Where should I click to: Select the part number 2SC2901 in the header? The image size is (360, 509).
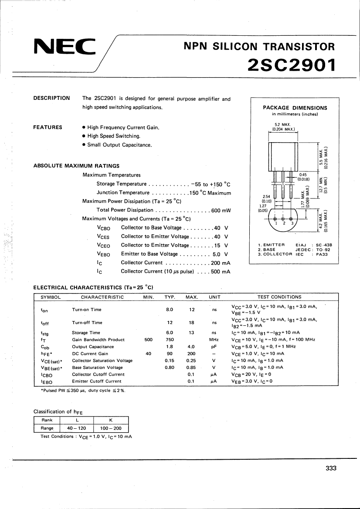(292, 65)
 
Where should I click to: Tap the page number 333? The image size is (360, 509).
(331, 468)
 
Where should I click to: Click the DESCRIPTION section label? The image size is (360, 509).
(51, 98)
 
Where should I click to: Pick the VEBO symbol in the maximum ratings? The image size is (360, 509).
(104, 254)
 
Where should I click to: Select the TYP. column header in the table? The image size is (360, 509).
(170, 297)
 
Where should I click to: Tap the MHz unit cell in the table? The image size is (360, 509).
(214, 340)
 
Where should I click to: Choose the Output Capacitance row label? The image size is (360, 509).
(93, 347)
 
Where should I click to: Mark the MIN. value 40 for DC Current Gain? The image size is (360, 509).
(148, 354)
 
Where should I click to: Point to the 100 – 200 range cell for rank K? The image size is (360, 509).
(111, 428)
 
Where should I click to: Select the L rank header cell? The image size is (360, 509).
(77, 420)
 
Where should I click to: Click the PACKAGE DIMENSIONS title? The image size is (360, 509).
(295, 108)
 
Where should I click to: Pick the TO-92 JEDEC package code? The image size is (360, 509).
(322, 249)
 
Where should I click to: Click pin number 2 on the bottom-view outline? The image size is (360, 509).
(284, 223)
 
